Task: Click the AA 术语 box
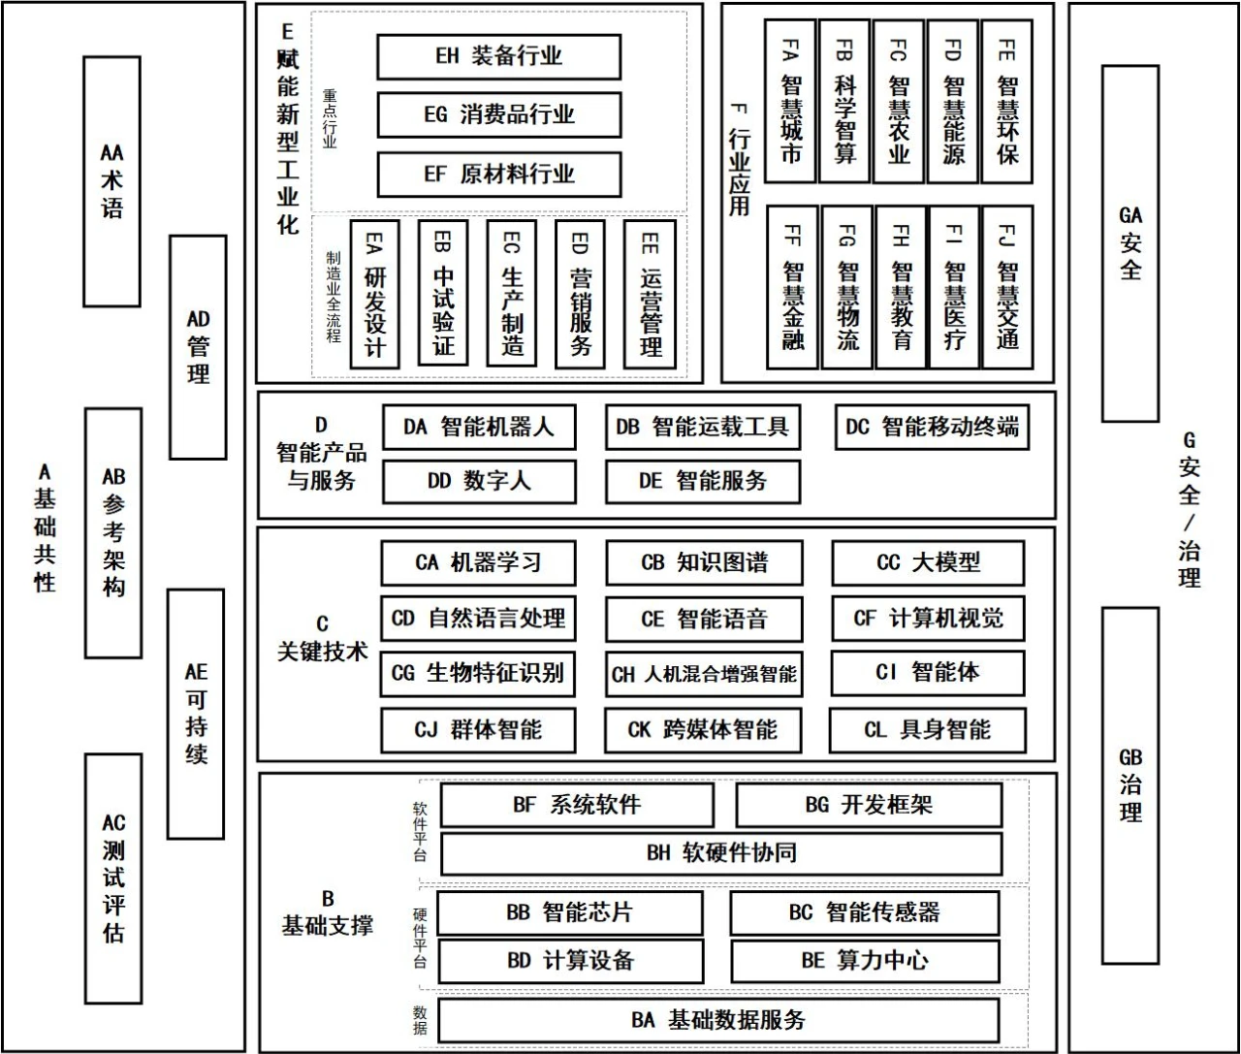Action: pos(111,181)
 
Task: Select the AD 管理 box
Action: pos(198,346)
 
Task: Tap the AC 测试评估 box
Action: pos(113,878)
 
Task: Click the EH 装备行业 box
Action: pos(498,56)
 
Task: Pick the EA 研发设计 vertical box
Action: pos(374,294)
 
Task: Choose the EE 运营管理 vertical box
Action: pos(650,294)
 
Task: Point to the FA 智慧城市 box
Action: pos(790,101)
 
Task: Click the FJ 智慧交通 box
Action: pos(1006,287)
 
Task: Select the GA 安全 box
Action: pos(1130,242)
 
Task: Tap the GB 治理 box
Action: pos(1130,785)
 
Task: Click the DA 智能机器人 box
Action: pos(479,427)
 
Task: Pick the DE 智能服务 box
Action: pos(703,481)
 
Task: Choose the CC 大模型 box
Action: pos(928,562)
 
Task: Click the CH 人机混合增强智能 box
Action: pos(704,674)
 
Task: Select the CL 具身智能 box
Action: pos(927,729)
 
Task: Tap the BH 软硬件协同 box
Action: pos(721,853)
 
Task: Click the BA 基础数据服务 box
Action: pos(718,1020)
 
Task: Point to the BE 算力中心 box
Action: pos(864,961)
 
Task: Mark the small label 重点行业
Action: pos(330,118)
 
